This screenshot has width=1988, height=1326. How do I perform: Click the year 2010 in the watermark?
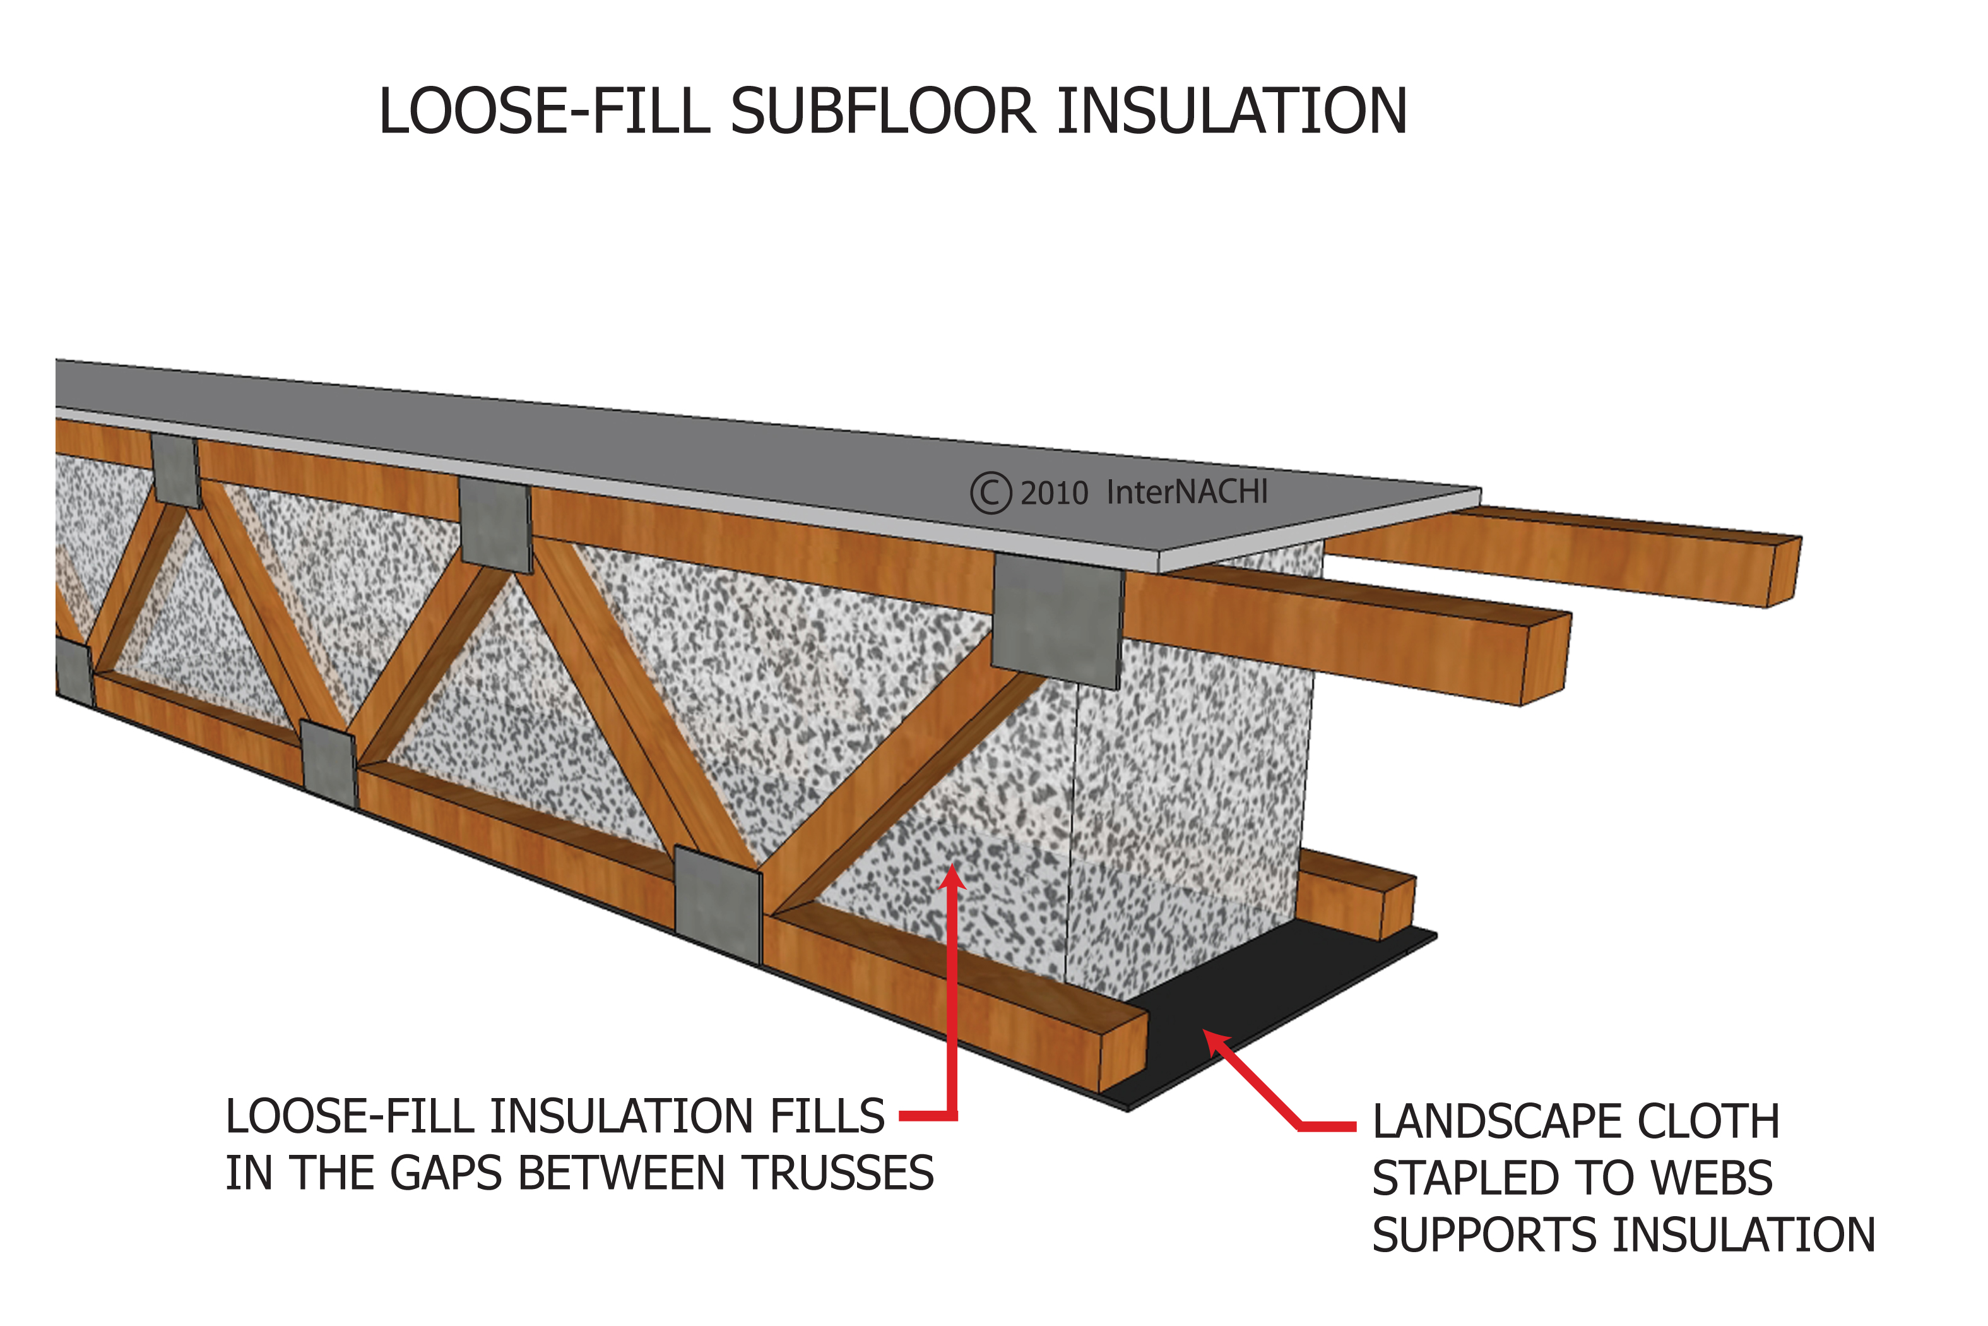pos(1054,494)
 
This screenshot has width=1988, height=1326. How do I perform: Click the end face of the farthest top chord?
pos(1784,571)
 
